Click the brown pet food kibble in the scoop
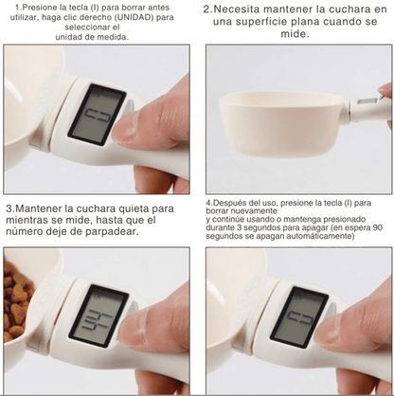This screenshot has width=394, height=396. tap(17, 303)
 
